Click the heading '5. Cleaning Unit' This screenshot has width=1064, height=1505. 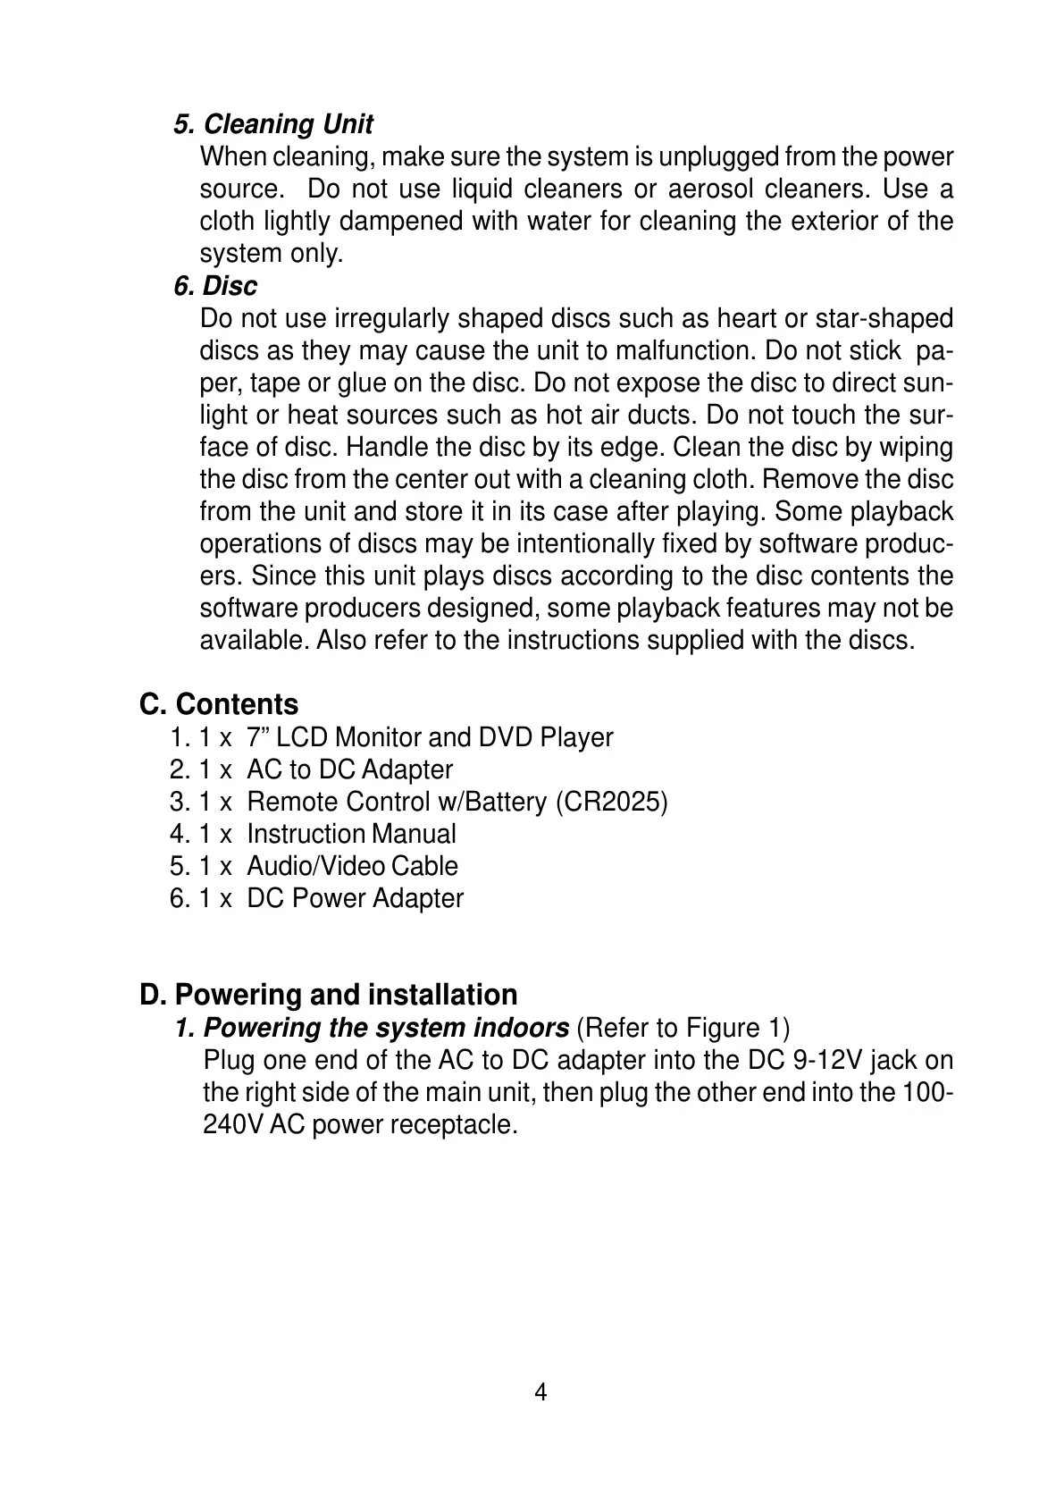(x=273, y=124)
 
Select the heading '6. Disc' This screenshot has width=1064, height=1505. (x=215, y=286)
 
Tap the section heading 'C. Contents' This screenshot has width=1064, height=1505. (x=219, y=704)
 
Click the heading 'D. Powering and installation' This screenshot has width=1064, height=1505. (x=328, y=995)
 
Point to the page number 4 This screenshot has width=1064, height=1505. (x=540, y=1392)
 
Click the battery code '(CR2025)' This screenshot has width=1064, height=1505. (x=611, y=802)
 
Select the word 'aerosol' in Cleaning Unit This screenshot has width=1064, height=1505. (x=709, y=189)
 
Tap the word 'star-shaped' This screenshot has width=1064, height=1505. (x=884, y=318)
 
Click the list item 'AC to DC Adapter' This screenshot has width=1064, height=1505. (x=349, y=769)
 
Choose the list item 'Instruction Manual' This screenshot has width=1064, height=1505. (x=351, y=834)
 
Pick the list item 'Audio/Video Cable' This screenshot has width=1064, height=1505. (x=352, y=866)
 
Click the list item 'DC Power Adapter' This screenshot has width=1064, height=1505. (x=355, y=898)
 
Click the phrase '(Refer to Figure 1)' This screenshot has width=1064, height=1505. (x=683, y=1028)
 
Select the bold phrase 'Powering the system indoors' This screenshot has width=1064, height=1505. (x=386, y=1028)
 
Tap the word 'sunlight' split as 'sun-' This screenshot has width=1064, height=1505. (x=930, y=383)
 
